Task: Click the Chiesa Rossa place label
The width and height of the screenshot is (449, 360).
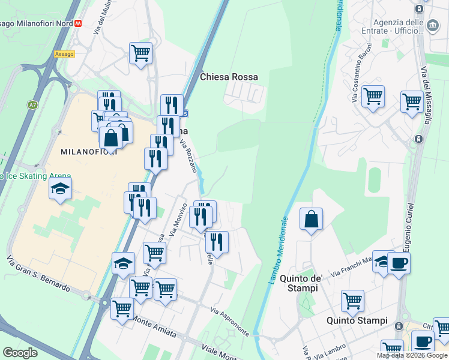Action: [229, 77]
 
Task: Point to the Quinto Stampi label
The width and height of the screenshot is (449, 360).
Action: [357, 320]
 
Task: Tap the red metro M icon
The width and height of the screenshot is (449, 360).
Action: [78, 23]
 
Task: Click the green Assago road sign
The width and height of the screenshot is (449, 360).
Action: [64, 54]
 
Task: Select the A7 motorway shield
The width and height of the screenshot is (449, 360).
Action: [32, 105]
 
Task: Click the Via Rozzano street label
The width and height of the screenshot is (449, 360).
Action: [188, 155]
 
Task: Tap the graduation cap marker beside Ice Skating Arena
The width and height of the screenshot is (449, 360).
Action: [60, 188]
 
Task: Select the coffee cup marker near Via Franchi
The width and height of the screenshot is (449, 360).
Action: [399, 262]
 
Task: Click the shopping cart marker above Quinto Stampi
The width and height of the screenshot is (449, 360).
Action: [352, 300]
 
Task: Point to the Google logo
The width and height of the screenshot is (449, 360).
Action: [20, 353]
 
